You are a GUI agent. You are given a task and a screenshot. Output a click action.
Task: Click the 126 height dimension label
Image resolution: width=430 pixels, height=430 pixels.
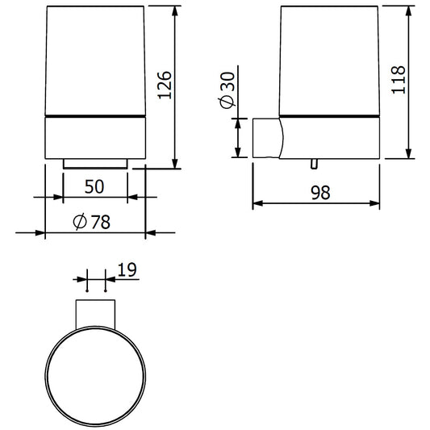[x=165, y=85]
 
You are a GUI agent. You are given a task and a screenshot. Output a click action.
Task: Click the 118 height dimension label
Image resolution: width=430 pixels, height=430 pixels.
[x=398, y=80]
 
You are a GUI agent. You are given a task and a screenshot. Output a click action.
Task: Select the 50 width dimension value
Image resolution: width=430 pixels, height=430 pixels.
[x=94, y=186]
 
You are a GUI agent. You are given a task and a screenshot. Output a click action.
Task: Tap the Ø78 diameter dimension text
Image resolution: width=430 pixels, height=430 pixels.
[x=92, y=222]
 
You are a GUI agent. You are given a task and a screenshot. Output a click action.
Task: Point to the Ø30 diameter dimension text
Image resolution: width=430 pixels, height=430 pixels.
[x=227, y=90]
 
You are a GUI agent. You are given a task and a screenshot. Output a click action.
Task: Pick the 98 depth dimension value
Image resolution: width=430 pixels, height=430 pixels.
[x=320, y=193]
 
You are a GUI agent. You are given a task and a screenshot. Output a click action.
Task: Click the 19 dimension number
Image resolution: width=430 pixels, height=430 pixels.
[x=127, y=269]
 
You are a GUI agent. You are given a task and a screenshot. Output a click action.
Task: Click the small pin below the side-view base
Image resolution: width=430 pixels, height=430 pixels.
[x=314, y=164]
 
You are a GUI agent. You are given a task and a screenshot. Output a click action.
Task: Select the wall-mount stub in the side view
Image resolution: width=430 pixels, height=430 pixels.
[x=267, y=138]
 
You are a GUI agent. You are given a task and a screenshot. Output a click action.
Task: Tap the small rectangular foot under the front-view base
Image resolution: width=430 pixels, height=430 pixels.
[x=95, y=164]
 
